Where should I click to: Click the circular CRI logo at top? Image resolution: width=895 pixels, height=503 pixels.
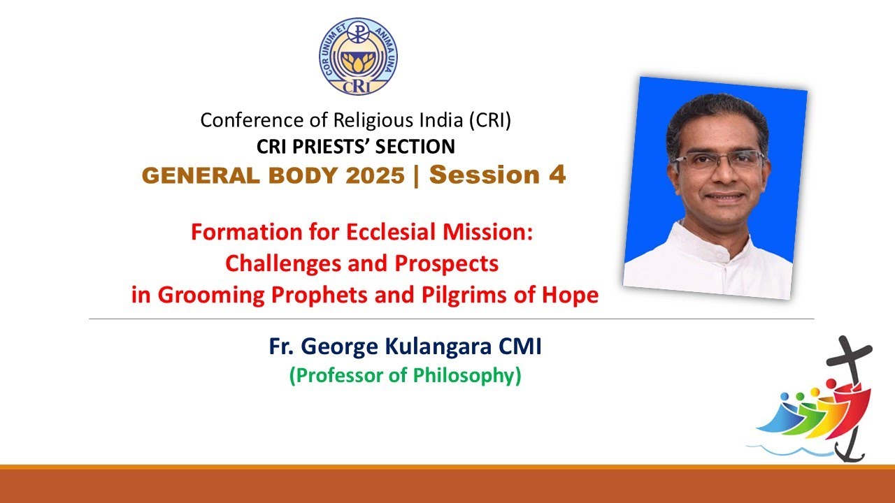tap(359, 57)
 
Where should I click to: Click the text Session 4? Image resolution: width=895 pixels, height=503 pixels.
tap(497, 175)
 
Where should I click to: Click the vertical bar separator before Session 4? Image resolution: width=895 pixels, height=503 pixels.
tap(417, 175)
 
